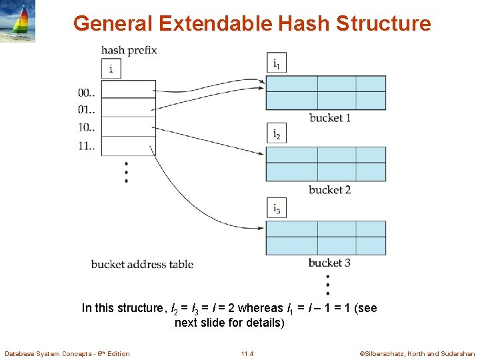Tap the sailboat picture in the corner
point(18,21)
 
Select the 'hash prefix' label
point(129,50)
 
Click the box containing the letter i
point(111,68)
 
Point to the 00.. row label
point(87,93)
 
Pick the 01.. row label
point(87,109)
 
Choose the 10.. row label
point(87,127)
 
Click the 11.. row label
point(87,145)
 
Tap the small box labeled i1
point(276,63)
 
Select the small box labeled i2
point(276,133)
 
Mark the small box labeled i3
point(276,208)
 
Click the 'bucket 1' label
point(329,118)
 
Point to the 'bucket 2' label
point(329,190)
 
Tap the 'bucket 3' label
point(329,263)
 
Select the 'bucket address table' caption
point(142,264)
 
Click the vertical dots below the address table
point(126,172)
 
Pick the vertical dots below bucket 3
point(327,284)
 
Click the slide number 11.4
point(247,353)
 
